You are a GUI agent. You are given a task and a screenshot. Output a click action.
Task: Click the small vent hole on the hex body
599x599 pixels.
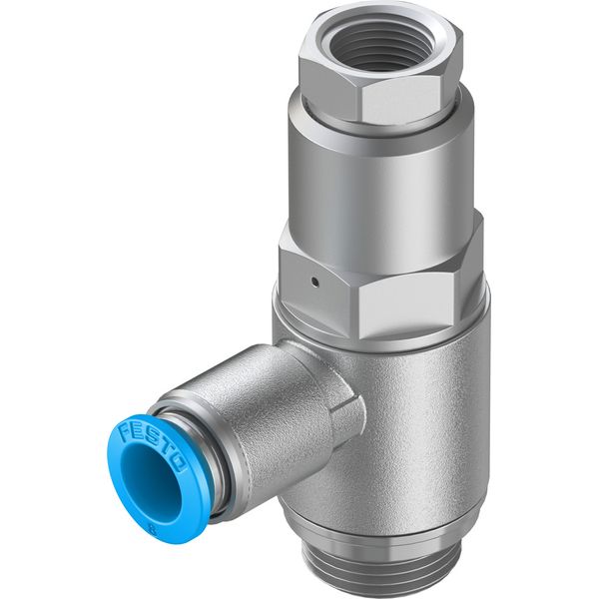(x=314, y=282)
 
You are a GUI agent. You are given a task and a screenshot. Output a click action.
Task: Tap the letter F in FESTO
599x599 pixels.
(x=125, y=432)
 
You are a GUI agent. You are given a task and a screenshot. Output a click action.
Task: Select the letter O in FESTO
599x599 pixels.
(x=180, y=465)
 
